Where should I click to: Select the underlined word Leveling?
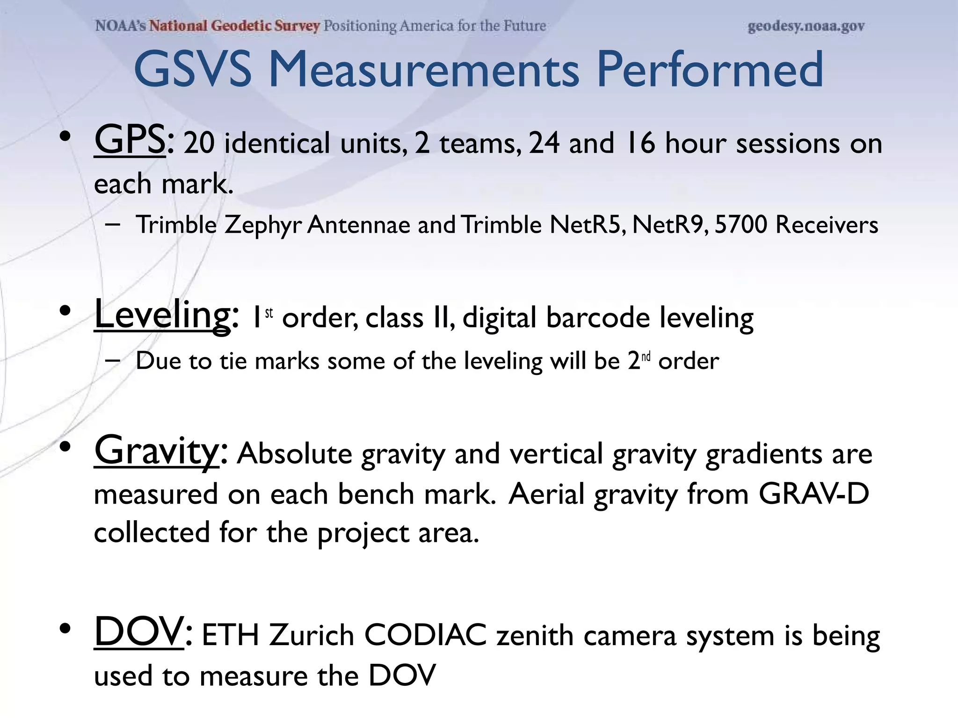[x=162, y=316]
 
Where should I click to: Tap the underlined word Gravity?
[x=156, y=451]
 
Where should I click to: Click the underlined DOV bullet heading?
[x=139, y=632]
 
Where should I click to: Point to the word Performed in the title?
[x=710, y=70]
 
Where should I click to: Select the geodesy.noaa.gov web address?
[x=806, y=26]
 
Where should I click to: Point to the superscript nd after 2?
[x=646, y=357]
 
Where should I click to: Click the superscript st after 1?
[x=269, y=313]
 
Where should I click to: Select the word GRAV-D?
[x=813, y=494]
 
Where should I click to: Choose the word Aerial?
[x=546, y=494]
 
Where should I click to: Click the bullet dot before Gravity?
[x=65, y=447]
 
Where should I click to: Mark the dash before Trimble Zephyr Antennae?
[x=112, y=225]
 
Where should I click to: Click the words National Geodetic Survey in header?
[x=234, y=26]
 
